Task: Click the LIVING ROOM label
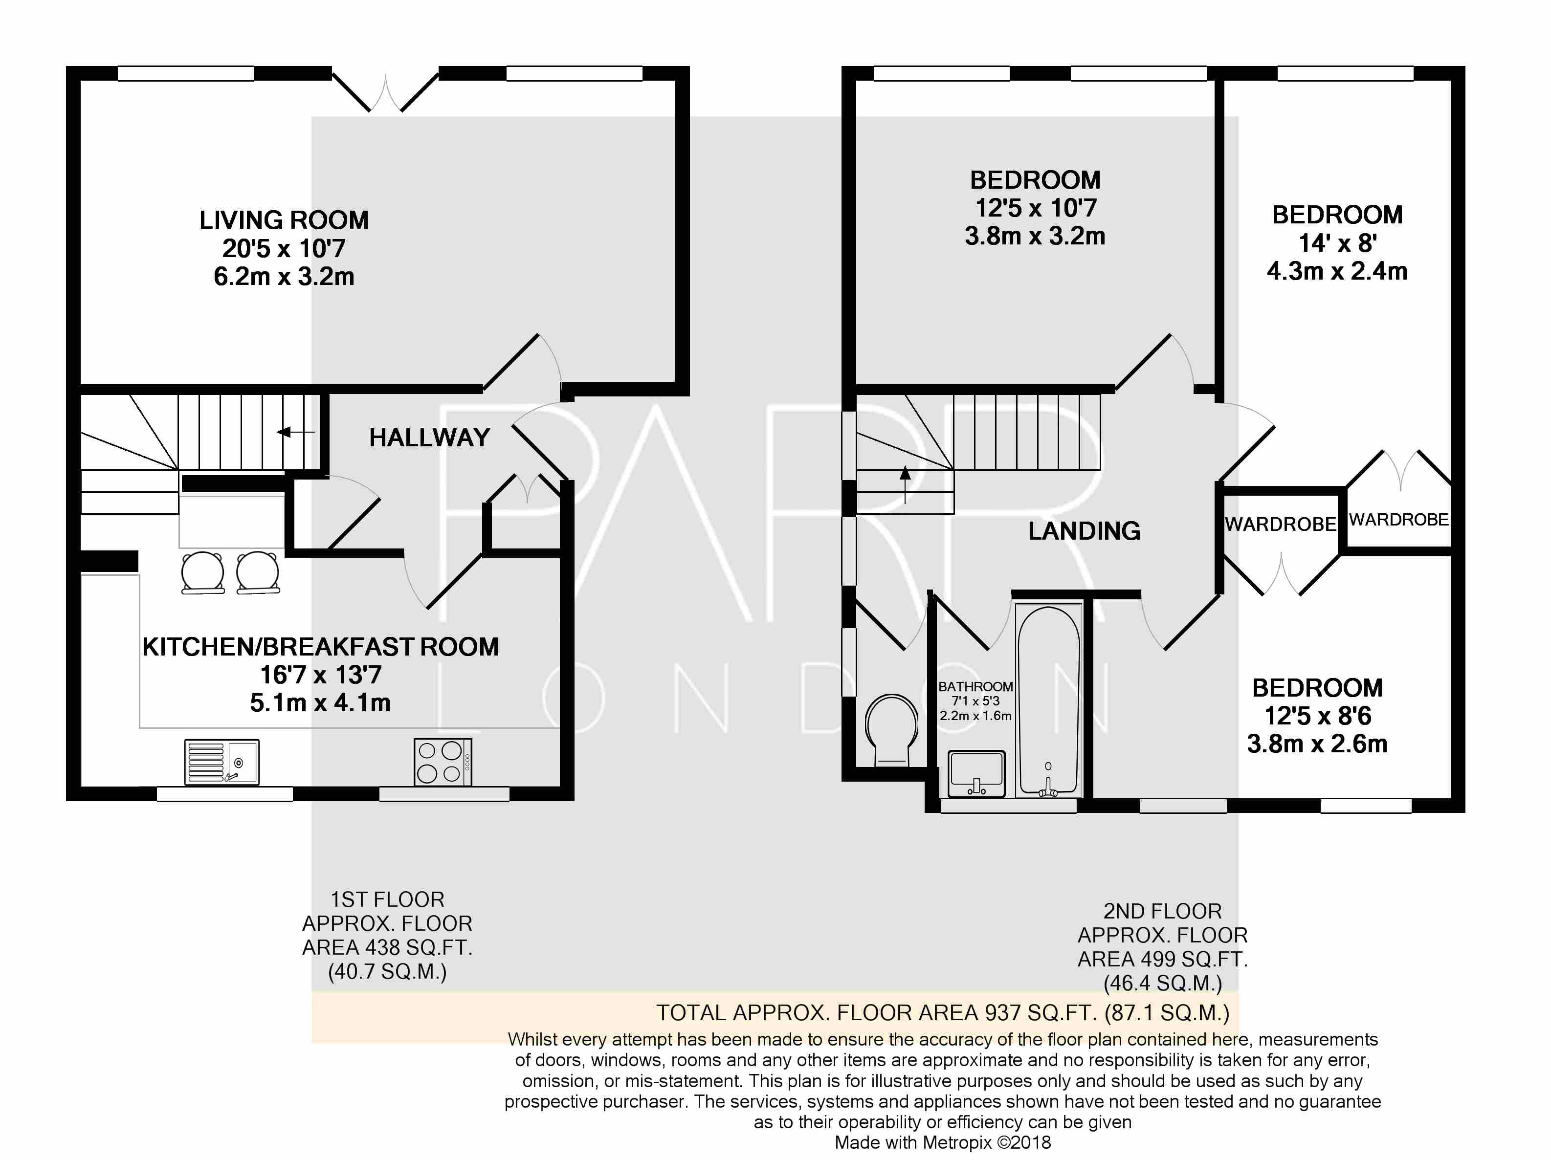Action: [x=284, y=220]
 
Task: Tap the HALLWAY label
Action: [x=429, y=438]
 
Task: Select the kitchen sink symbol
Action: [x=222, y=762]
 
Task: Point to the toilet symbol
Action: [x=891, y=729]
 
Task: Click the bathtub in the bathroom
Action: [x=1048, y=701]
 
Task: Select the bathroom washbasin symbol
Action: [x=976, y=774]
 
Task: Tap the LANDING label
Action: [x=1084, y=531]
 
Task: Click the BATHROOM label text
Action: [x=975, y=687]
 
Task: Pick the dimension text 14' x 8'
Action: [x=1337, y=243]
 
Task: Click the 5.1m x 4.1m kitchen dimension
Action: [x=320, y=703]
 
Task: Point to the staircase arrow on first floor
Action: [x=294, y=433]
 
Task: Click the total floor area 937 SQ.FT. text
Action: [x=942, y=1013]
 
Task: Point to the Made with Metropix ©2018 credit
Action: [x=942, y=1142]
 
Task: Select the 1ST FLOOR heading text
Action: [x=387, y=899]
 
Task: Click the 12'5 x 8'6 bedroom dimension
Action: [x=1317, y=716]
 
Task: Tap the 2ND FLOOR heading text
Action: [x=1163, y=911]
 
